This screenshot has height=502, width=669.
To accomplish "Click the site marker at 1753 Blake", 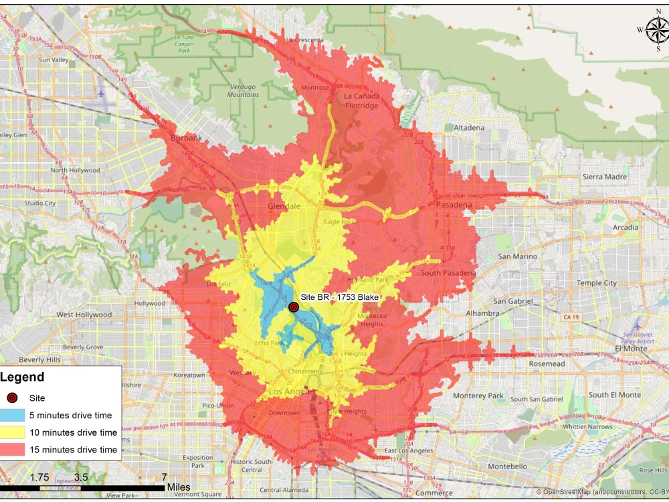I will [x=293, y=307].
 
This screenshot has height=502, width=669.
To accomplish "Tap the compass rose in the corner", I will [x=657, y=29].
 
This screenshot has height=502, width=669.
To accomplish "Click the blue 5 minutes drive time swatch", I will [x=13, y=416].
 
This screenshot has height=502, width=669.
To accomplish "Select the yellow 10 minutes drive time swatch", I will [x=13, y=432].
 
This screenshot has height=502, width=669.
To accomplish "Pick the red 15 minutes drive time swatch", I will [x=13, y=450].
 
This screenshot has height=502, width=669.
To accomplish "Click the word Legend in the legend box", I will [x=23, y=378].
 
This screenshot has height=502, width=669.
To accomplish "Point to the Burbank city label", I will [x=187, y=138].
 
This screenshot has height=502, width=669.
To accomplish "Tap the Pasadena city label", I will [x=454, y=204].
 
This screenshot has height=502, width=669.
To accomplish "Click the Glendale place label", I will [x=284, y=206].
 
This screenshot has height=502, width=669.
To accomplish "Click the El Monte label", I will [x=632, y=349].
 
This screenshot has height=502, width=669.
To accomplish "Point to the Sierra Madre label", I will [x=603, y=177].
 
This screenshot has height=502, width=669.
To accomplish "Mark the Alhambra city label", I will [x=482, y=313].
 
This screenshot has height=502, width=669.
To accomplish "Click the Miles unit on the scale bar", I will [x=179, y=487].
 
